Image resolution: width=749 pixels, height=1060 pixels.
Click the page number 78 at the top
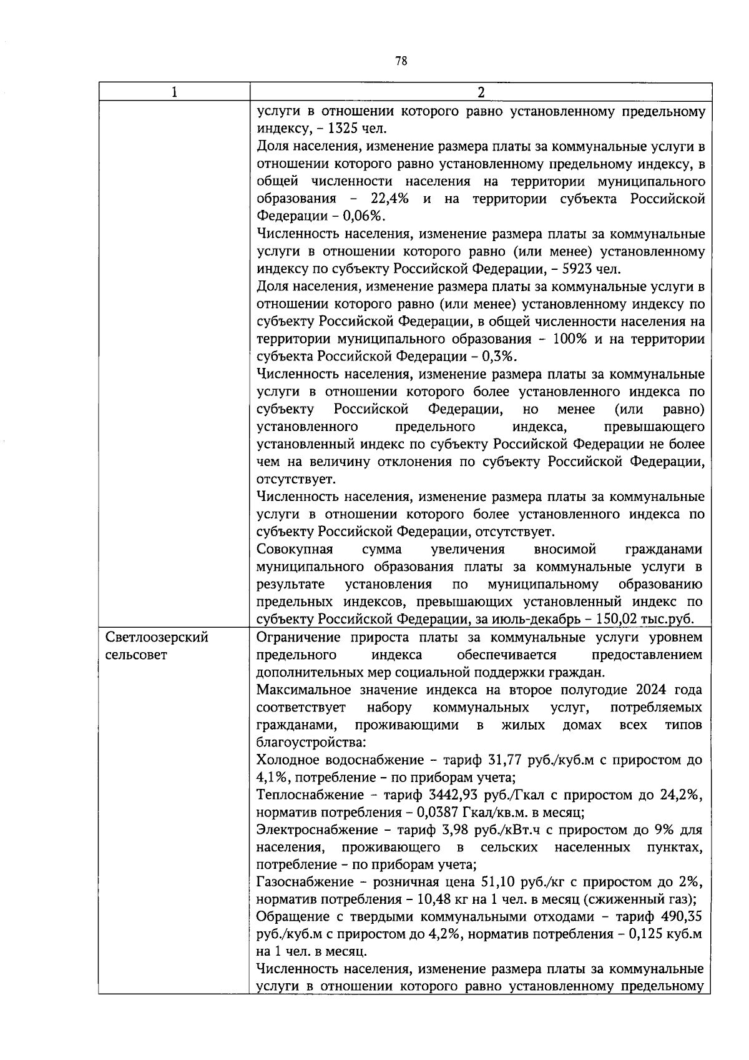[x=401, y=61]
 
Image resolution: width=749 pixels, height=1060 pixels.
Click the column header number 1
[x=174, y=92]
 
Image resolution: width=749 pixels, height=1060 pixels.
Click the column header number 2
[x=481, y=92]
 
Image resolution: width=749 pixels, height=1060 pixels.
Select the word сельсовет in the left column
[x=137, y=655]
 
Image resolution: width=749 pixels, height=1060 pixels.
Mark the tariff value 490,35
[x=680, y=918]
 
